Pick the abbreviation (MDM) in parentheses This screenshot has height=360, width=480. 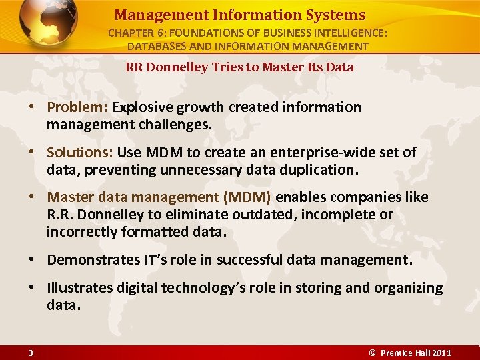click(x=247, y=198)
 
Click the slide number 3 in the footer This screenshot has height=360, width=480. click(x=31, y=352)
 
